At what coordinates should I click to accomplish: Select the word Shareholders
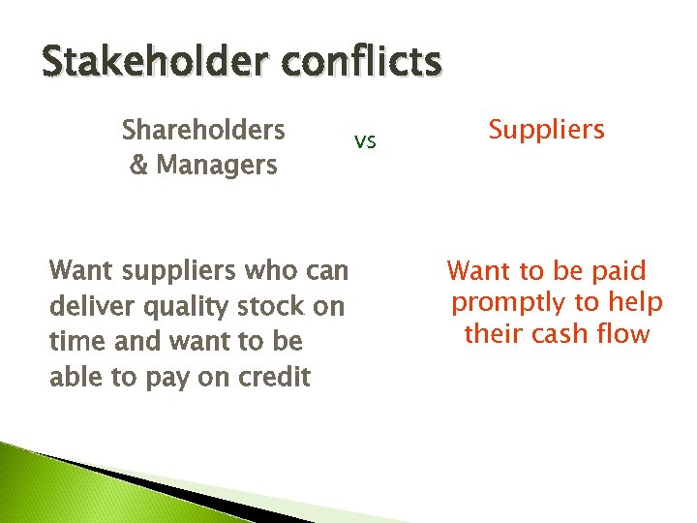pyautogui.click(x=203, y=129)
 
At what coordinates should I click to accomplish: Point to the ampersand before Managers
pyautogui.click(x=137, y=165)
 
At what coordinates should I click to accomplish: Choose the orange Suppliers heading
pyautogui.click(x=546, y=129)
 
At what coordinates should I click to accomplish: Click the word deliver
pyautogui.click(x=88, y=306)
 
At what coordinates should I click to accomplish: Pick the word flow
pyautogui.click(x=622, y=334)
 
